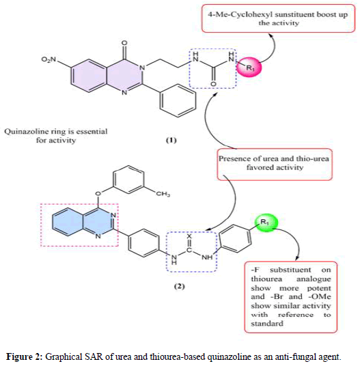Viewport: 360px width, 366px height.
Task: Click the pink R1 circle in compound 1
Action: (x=249, y=67)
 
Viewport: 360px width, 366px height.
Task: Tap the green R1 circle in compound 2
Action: (x=266, y=223)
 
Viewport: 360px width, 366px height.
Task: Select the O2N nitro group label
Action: (x=49, y=59)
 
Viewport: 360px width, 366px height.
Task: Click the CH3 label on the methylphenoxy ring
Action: (x=163, y=194)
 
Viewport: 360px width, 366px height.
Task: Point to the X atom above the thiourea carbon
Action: (x=189, y=236)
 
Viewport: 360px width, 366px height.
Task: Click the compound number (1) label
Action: (x=171, y=140)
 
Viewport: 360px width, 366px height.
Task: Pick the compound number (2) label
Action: (x=179, y=286)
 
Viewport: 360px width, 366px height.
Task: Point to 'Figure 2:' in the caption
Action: (x=24, y=356)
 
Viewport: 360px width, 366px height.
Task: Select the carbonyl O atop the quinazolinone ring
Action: (x=125, y=43)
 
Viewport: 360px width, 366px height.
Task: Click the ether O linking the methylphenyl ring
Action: (x=98, y=193)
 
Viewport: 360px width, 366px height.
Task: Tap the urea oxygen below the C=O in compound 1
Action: (x=213, y=84)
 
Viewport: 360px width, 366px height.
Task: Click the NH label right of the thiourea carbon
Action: (x=207, y=257)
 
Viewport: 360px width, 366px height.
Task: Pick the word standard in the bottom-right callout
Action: (x=267, y=324)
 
